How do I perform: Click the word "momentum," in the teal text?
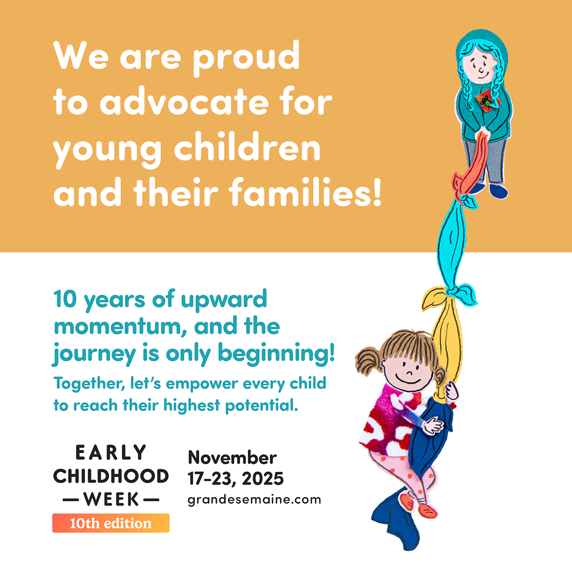122,327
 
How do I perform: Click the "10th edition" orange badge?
111,523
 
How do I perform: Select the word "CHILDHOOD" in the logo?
111,476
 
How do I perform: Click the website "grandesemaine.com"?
254,500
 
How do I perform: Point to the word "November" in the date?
233,458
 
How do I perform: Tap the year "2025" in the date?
263,479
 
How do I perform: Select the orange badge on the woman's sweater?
488,102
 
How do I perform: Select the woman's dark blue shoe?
499,191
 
